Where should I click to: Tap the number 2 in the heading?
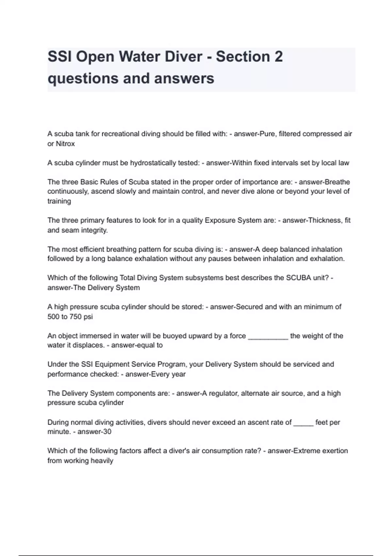[x=278, y=57]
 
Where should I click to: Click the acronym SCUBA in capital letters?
[x=299, y=278]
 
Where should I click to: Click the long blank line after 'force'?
[x=268, y=336]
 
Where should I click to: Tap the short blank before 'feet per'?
[x=303, y=423]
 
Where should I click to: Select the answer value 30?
[x=107, y=432]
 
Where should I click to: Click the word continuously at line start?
[x=68, y=191]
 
